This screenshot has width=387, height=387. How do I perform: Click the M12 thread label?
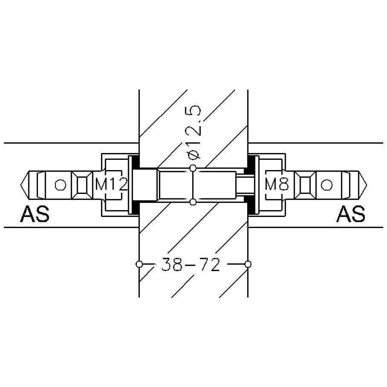(111, 184)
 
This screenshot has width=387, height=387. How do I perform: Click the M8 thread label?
(276, 184)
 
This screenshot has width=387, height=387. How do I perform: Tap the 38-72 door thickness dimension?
(190, 264)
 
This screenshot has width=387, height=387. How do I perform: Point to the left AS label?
(35, 214)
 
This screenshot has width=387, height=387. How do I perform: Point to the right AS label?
(351, 214)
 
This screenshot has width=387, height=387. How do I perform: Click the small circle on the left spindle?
(60, 185)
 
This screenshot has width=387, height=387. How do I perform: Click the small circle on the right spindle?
(327, 185)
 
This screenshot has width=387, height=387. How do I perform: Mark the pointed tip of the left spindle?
(21, 185)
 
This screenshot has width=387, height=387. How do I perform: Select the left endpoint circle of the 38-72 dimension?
(139, 264)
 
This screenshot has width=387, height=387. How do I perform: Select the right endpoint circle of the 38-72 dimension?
(248, 264)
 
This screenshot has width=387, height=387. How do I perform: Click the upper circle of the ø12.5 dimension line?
(193, 168)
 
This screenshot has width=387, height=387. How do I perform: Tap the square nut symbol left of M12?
(82, 185)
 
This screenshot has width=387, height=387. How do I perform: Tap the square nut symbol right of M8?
(305, 185)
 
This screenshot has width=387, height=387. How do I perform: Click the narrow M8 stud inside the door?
(245, 185)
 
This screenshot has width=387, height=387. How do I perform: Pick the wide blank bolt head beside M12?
(145, 185)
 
